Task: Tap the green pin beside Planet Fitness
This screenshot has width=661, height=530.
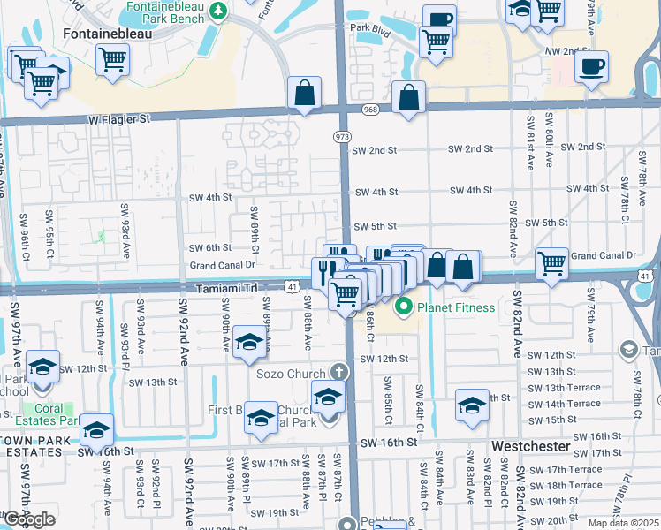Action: coord(404,307)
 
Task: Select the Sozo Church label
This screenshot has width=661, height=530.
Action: coord(291,374)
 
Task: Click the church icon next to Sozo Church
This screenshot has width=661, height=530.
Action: coord(337,373)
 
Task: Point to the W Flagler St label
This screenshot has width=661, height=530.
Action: coord(119,117)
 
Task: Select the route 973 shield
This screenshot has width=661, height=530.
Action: coord(341,137)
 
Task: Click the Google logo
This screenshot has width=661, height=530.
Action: coord(29,519)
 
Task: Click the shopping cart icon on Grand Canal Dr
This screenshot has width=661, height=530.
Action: coord(551,262)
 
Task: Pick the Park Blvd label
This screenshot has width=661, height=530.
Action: coord(369,28)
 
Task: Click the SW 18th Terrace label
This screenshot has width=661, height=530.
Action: coord(565,485)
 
